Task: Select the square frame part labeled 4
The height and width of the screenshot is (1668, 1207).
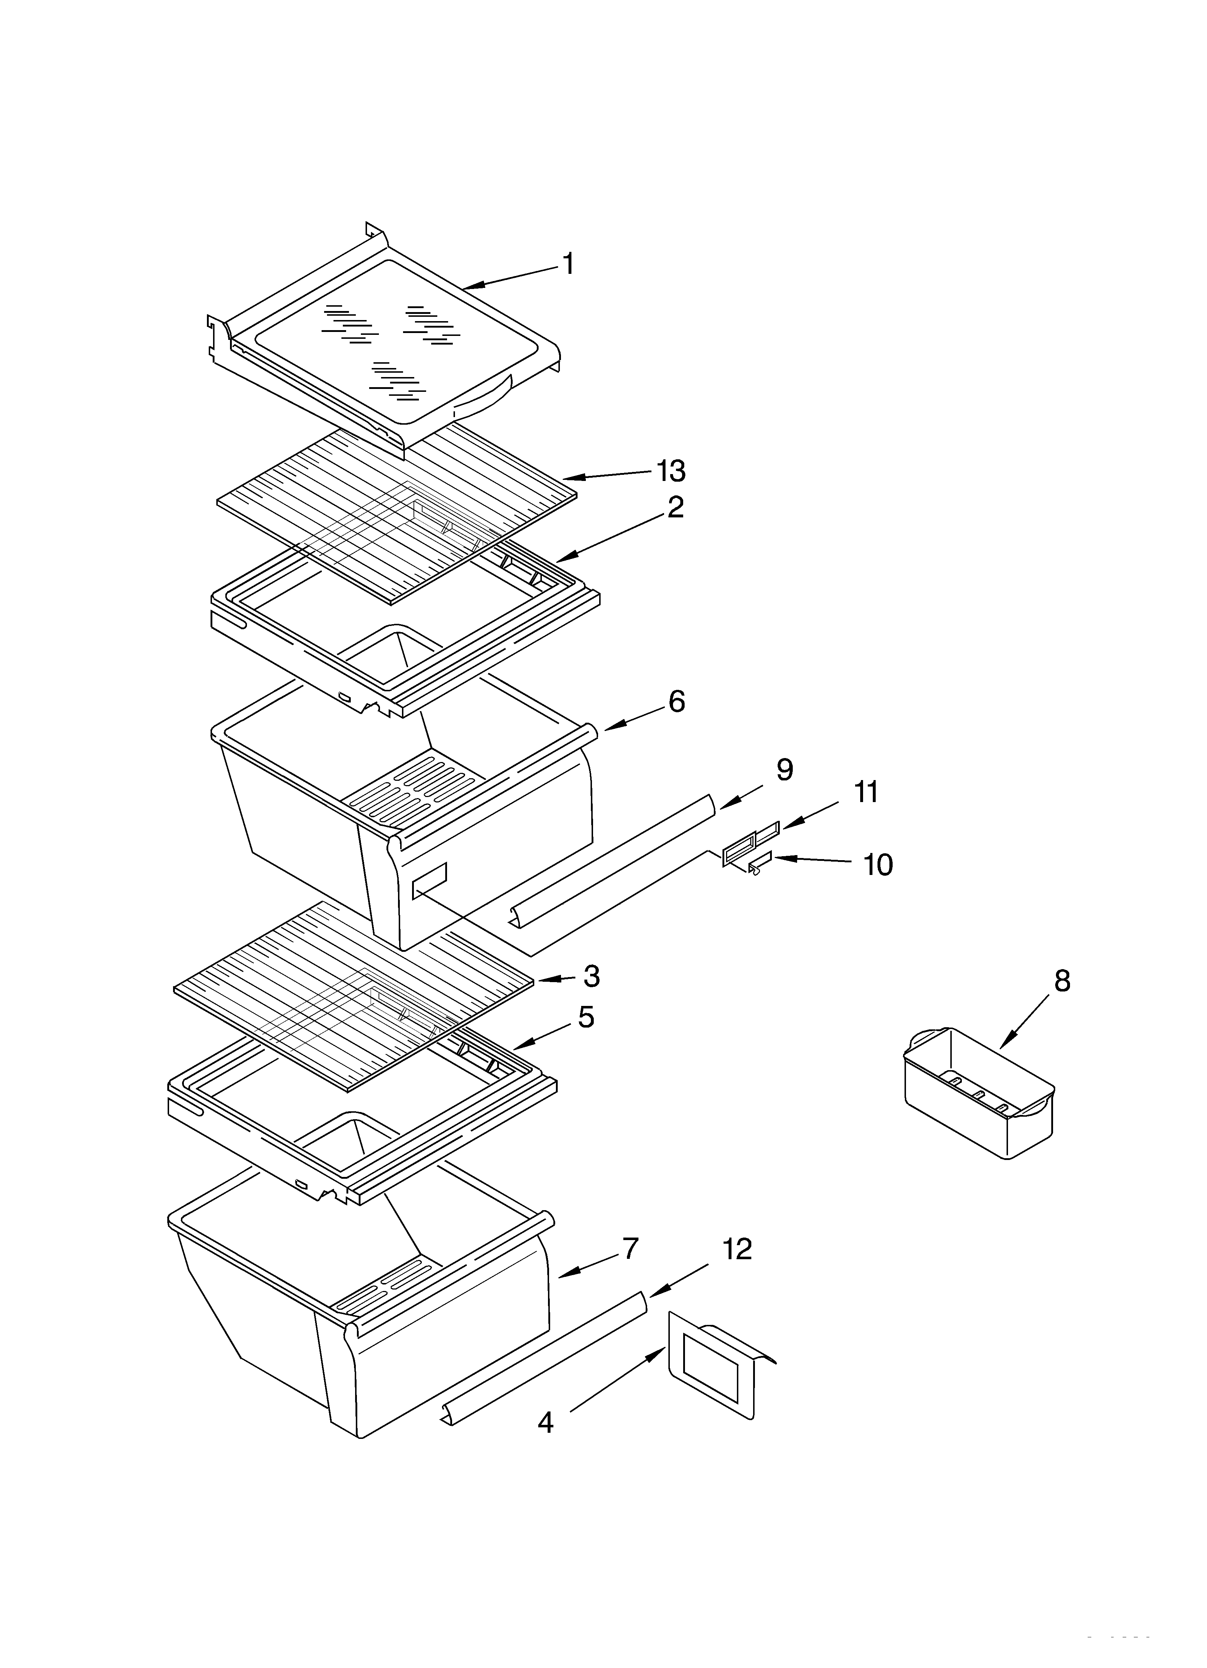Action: [712, 1374]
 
